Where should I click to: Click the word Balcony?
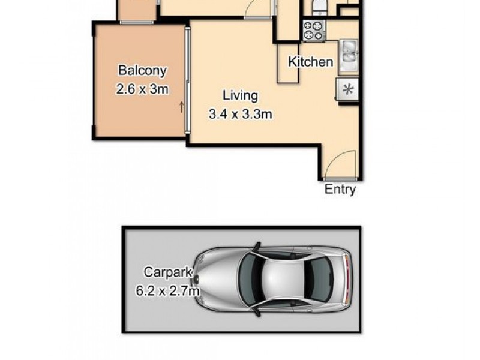[x=142, y=70]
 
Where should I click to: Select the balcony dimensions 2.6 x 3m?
[x=142, y=89]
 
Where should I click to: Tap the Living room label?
[x=240, y=95]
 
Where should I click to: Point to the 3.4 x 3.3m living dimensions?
[x=240, y=114]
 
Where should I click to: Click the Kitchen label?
[x=310, y=62]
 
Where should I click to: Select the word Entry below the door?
[x=340, y=190]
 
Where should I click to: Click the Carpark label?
[x=164, y=272]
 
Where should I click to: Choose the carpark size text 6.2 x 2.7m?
[x=167, y=292]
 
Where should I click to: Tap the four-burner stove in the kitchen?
[x=313, y=30]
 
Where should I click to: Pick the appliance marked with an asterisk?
[x=347, y=89]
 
